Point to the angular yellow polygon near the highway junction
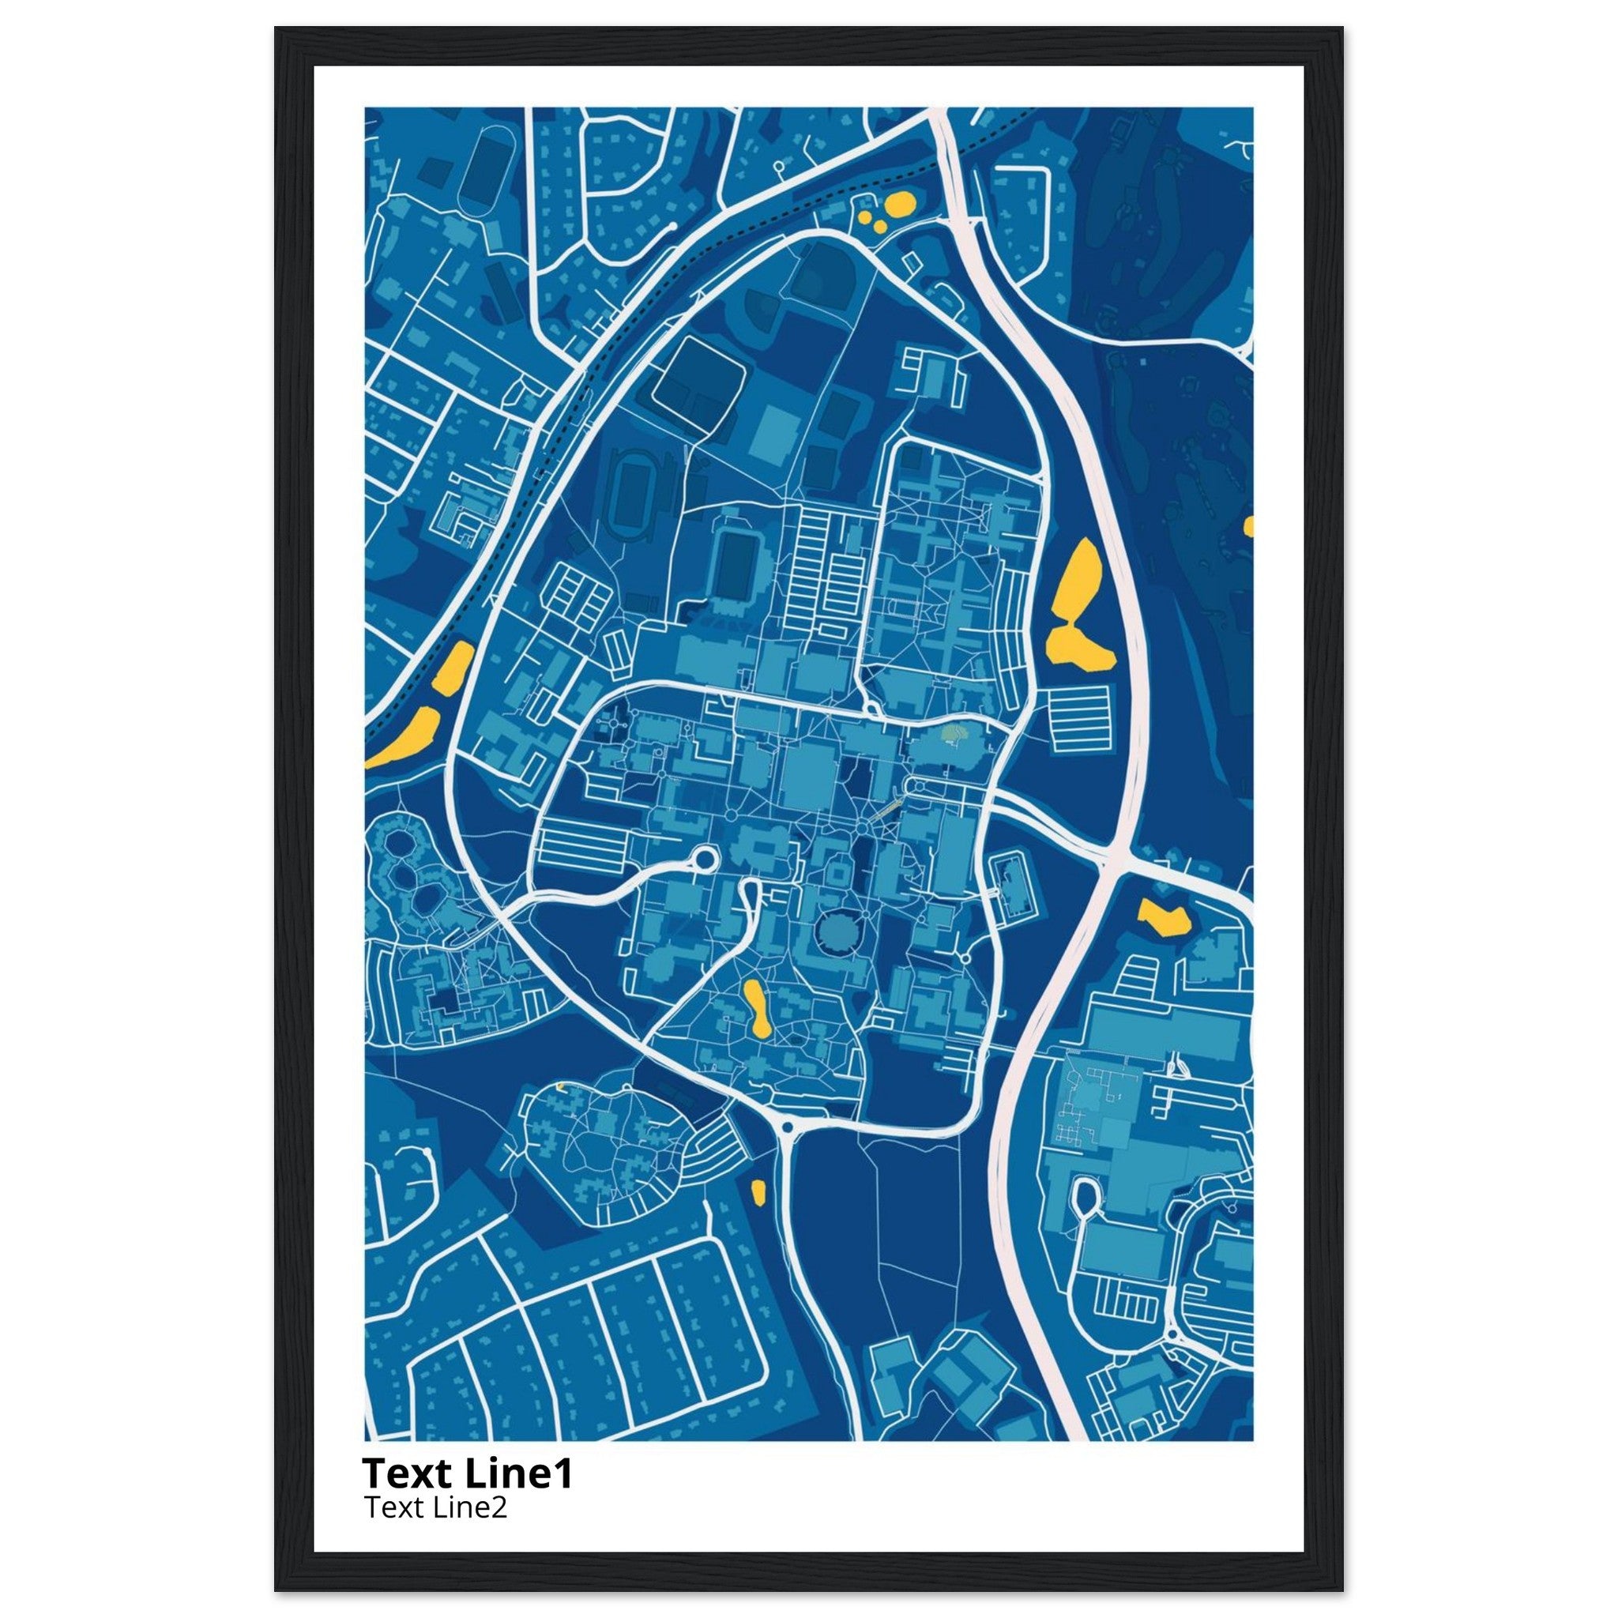coord(1164,917)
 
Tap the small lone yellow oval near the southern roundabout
coord(758,1190)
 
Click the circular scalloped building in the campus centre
coord(834,931)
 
